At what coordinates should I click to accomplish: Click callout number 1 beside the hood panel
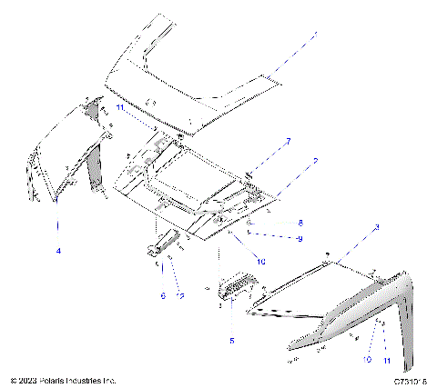316,35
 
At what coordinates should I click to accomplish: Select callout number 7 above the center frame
288,142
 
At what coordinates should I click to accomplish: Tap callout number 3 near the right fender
377,225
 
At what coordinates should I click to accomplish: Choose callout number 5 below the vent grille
231,341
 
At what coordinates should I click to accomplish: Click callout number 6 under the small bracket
163,295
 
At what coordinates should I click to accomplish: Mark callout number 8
300,222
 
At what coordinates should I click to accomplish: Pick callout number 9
300,239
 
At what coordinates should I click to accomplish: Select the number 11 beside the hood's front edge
119,106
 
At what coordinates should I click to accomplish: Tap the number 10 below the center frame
260,261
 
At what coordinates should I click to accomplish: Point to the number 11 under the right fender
386,363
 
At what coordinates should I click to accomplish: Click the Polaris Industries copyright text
64,380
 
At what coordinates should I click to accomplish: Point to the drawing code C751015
412,380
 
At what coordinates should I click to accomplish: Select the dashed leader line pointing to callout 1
291,55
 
